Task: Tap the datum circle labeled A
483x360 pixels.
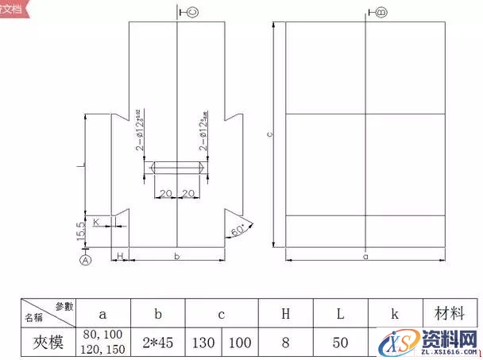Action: coord(86,259)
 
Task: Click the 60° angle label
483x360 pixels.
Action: coord(237,231)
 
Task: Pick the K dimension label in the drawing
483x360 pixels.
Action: coord(97,222)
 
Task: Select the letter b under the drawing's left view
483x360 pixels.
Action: coord(176,257)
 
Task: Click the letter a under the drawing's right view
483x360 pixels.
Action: coord(365,257)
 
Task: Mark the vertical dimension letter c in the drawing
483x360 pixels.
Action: coord(270,135)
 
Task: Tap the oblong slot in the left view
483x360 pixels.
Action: coord(176,168)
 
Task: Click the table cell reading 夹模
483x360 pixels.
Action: coord(48,343)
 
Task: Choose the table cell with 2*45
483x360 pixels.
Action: coord(158,343)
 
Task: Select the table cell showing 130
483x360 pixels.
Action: coord(204,343)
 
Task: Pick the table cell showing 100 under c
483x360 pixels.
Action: coord(241,343)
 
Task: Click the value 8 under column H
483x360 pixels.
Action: coord(287,343)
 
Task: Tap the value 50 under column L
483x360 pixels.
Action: coord(341,343)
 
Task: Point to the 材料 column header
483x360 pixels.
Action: coord(449,313)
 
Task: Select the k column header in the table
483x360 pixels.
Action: coord(395,314)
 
